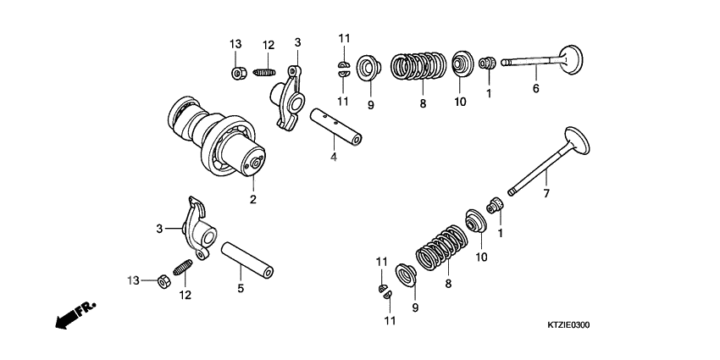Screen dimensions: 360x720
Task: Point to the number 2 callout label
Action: pos(252,199)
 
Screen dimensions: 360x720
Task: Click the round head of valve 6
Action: pos(572,59)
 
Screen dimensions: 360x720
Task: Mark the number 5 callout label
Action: pos(240,288)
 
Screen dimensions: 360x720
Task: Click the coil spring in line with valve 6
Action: pos(418,69)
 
